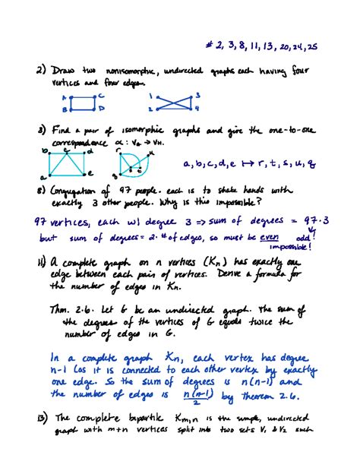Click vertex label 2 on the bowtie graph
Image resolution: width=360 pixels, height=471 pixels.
[152, 109]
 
